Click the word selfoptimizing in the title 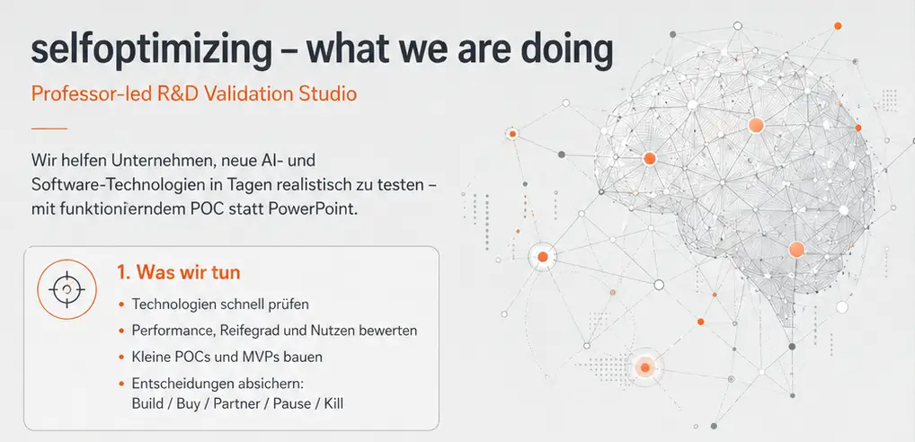(151, 50)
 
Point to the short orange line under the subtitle (49, 128)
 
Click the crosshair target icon (67, 289)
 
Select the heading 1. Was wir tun (179, 273)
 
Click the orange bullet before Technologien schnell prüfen (120, 305)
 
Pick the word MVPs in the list (257, 357)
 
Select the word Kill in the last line (333, 403)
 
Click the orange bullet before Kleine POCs (120, 358)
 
